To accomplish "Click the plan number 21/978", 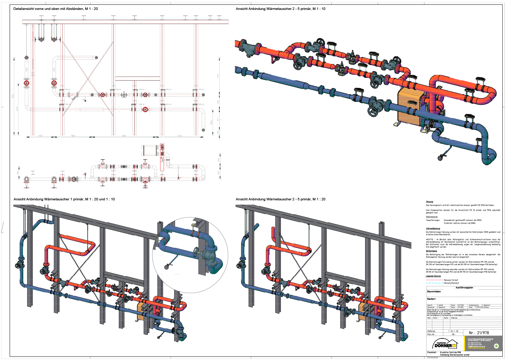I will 479,333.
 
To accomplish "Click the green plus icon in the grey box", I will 496,346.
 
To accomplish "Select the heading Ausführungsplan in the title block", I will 464,288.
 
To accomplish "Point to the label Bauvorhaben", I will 434,292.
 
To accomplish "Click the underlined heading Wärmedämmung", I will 433,228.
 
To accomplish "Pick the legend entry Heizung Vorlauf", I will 451,280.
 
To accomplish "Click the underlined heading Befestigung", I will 431,251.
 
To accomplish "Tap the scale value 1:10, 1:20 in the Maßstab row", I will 453,331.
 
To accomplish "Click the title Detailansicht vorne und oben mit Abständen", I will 56,9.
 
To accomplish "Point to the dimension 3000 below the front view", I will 124,136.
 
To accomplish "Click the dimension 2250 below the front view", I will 179,136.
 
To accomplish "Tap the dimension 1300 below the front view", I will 40,136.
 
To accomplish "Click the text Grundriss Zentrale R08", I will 450,353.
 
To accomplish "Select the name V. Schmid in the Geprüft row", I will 440,305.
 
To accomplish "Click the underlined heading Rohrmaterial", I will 432,217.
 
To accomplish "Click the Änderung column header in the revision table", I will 454,318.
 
